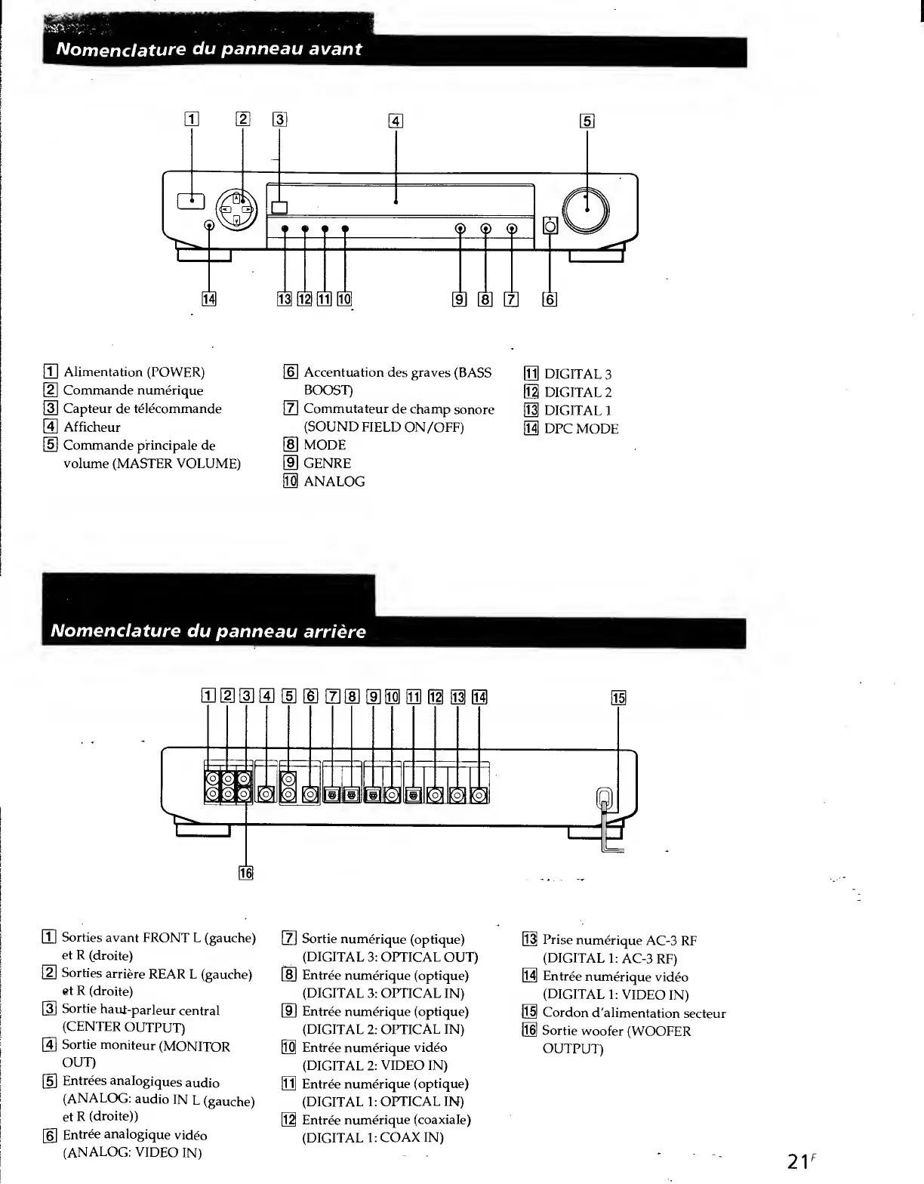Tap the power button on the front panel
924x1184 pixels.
click(x=191, y=200)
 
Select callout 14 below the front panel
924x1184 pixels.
click(x=208, y=300)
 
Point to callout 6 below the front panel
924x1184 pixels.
click(x=550, y=300)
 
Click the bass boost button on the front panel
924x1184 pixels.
click(x=550, y=225)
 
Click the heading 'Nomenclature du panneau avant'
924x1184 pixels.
click(x=210, y=49)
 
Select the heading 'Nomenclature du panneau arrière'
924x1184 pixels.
click(x=208, y=631)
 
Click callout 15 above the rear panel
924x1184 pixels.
click(x=618, y=698)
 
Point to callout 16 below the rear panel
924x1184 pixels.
click(x=246, y=873)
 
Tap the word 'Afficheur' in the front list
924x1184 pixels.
click(x=91, y=427)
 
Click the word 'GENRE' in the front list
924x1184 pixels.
click(x=327, y=464)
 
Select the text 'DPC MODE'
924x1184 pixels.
click(x=581, y=429)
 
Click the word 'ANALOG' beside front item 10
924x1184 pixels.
click(x=334, y=482)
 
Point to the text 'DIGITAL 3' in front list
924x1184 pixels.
click(x=577, y=374)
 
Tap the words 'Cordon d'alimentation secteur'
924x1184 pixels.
click(x=634, y=1013)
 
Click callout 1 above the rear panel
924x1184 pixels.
click(x=208, y=696)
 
